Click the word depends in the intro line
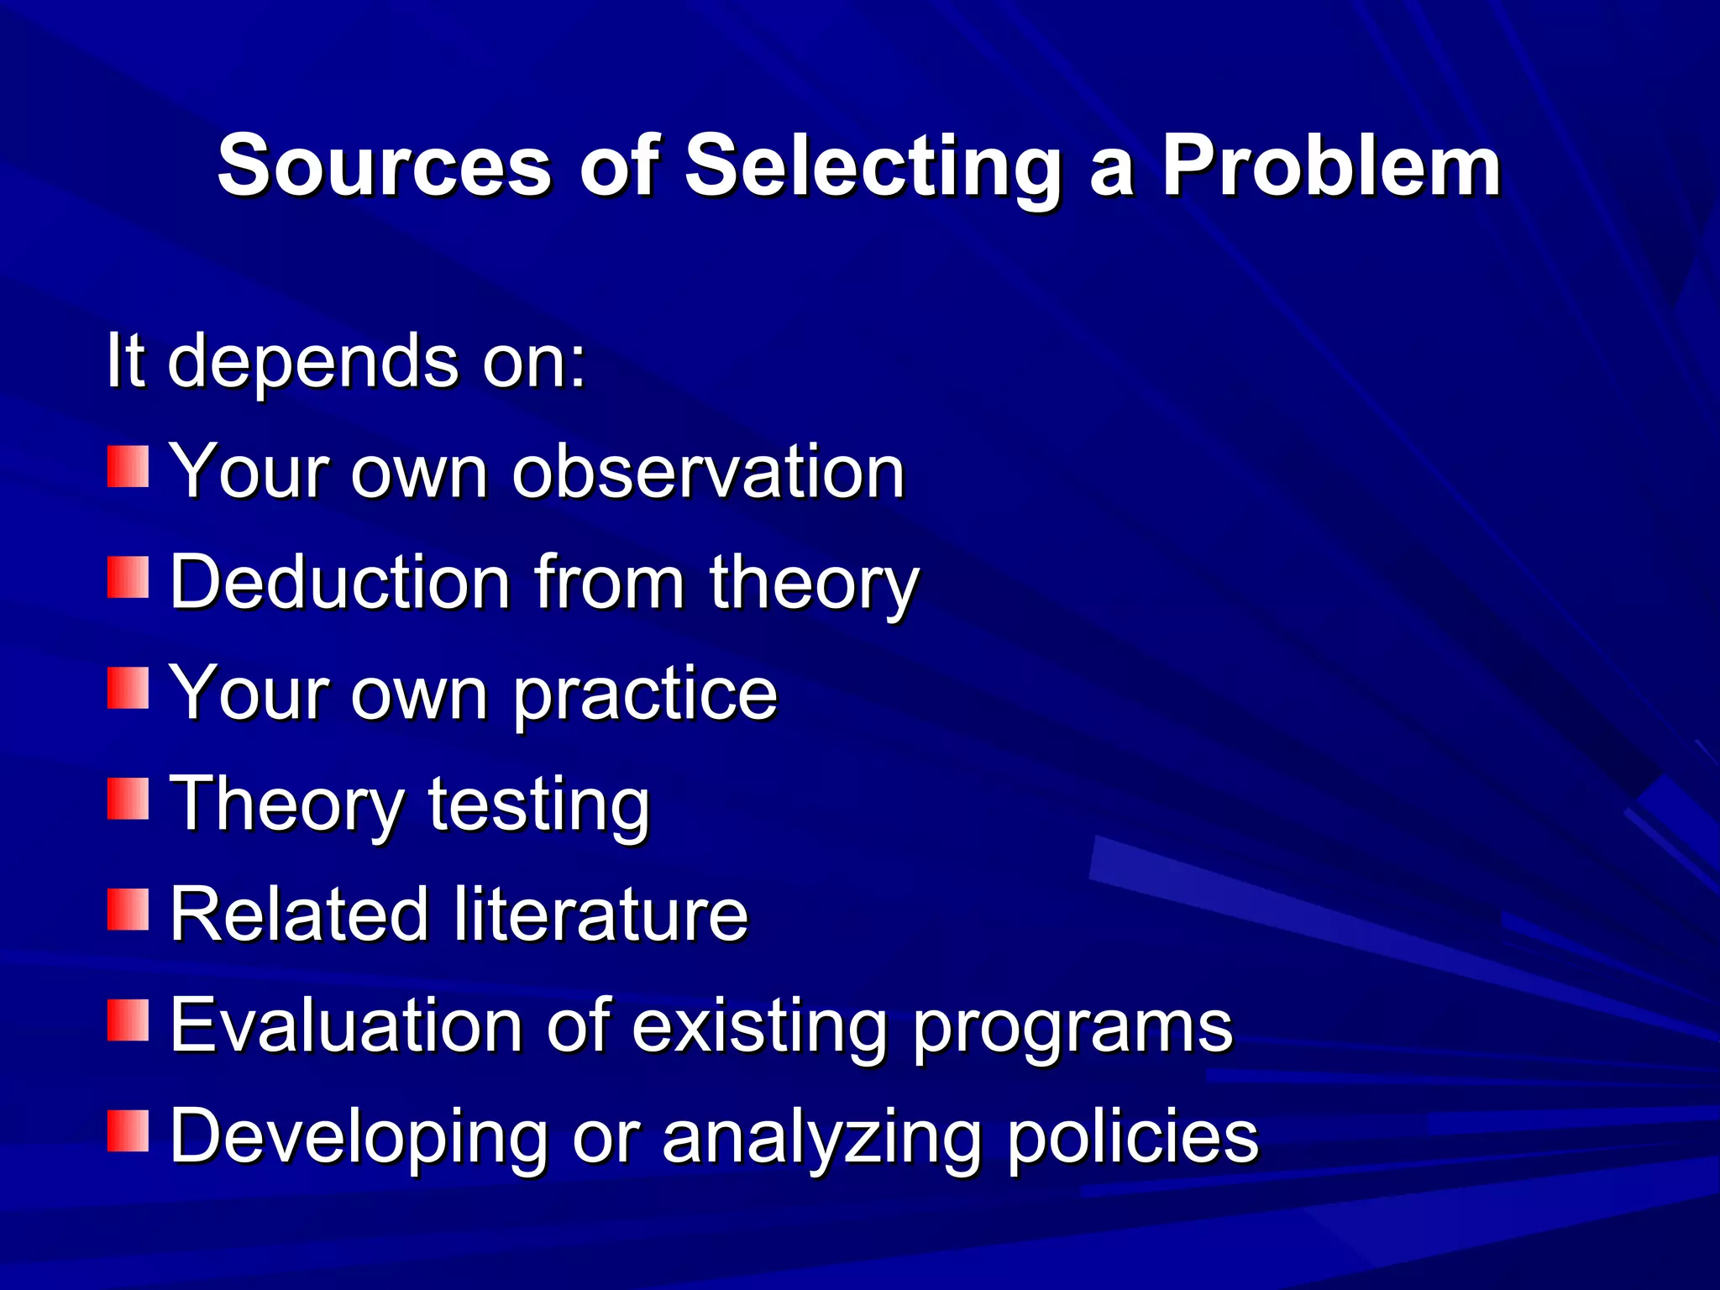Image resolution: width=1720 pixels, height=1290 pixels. (x=314, y=361)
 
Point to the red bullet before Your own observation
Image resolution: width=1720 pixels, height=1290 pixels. (x=128, y=467)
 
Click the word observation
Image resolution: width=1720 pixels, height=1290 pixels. (x=708, y=472)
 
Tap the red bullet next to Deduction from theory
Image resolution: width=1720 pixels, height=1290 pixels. (x=128, y=578)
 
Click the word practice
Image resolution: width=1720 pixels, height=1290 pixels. (x=645, y=695)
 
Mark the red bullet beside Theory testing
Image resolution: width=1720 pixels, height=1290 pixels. (x=128, y=799)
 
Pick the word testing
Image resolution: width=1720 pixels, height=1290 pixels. (x=538, y=806)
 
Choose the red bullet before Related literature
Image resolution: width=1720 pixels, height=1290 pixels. (x=128, y=910)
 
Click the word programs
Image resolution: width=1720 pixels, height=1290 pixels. (x=1072, y=1028)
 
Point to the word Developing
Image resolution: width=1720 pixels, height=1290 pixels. (x=359, y=1137)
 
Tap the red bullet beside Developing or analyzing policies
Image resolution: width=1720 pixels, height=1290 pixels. (x=128, y=1130)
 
